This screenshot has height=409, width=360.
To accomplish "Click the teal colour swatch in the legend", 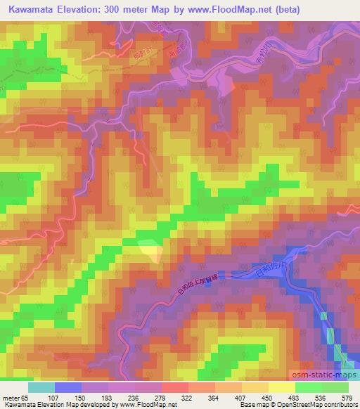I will (41, 387).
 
